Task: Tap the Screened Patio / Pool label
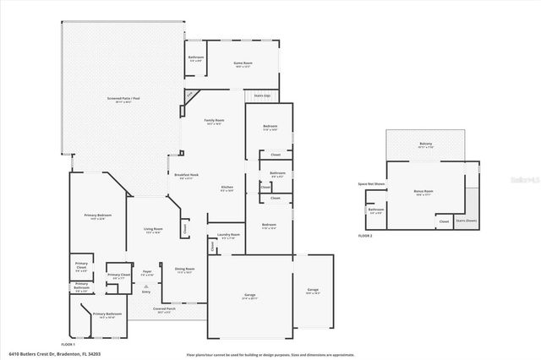coord(123,98)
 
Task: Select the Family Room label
coord(214,121)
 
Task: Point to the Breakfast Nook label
coord(186,175)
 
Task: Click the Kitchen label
coord(227,187)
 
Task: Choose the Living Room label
coord(152,229)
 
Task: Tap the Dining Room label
coord(184,270)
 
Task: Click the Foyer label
coord(146,272)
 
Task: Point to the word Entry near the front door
coord(145,292)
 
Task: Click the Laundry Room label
coord(228,235)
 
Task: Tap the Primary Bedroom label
coord(97,216)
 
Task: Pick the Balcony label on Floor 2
coord(426,144)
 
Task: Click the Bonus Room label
coord(424,191)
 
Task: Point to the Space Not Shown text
coord(371,184)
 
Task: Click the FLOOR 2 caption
coord(364,236)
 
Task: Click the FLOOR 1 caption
coord(68,345)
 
